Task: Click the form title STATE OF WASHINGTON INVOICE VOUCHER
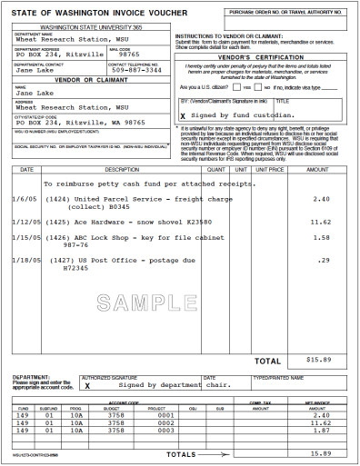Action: point(85,13)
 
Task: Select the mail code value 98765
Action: point(132,54)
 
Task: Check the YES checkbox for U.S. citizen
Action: point(238,86)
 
